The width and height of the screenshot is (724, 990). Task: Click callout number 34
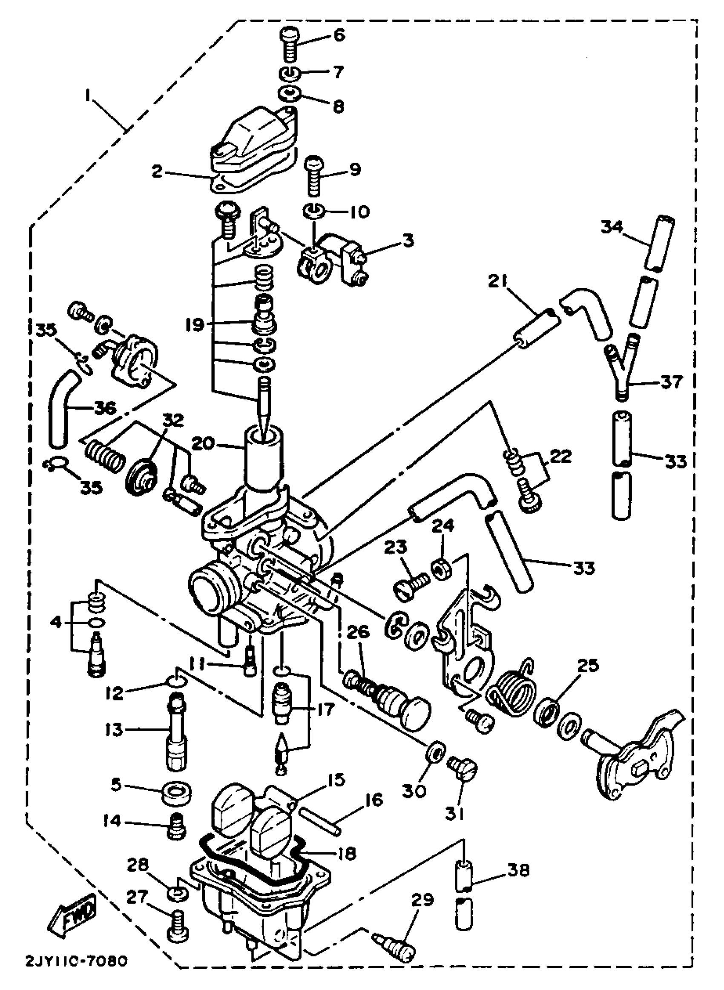[x=612, y=227]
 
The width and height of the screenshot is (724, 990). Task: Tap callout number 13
[x=115, y=730]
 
